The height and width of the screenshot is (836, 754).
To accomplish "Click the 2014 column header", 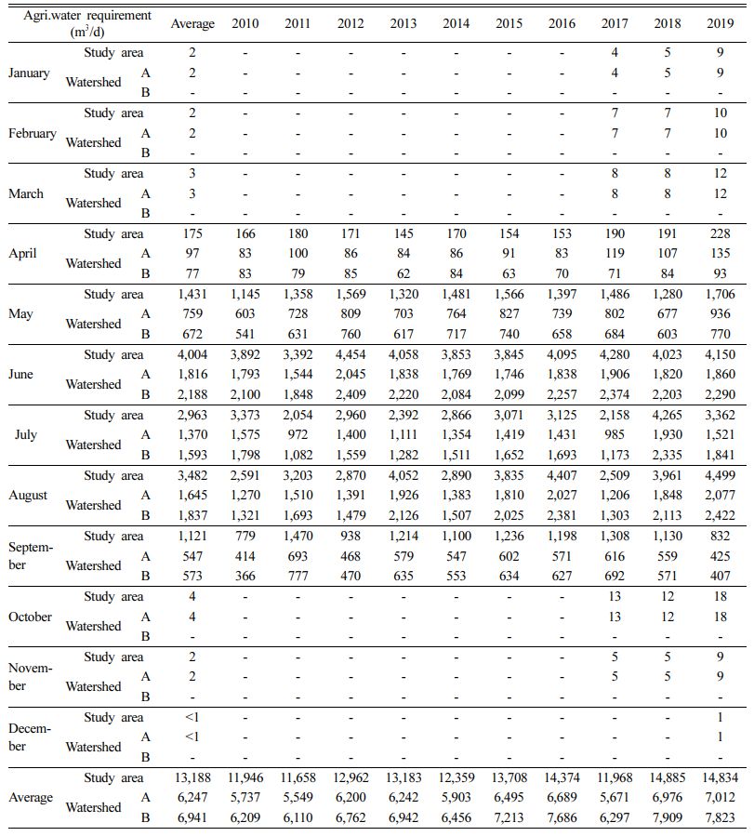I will tap(456, 23).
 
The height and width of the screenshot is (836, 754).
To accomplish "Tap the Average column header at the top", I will tap(192, 23).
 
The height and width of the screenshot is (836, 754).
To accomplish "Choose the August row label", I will tap(28, 495).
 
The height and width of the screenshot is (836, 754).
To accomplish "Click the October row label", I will tap(31, 617).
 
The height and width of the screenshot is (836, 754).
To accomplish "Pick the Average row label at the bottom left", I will tap(31, 798).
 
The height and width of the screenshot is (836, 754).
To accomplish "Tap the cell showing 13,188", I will tap(192, 778).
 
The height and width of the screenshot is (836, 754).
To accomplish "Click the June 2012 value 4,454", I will tap(351, 354).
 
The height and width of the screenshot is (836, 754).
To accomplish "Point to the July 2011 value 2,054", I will tap(298, 415).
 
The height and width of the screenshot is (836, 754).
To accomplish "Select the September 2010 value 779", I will tap(245, 536).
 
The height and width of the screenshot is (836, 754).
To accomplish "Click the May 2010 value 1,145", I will tap(245, 294).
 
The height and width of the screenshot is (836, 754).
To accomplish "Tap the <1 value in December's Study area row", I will tap(192, 717).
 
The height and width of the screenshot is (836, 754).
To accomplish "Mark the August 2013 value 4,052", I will tap(403, 475).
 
